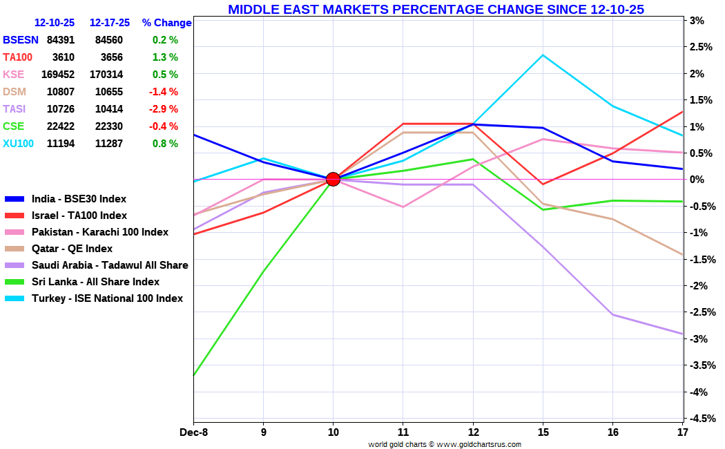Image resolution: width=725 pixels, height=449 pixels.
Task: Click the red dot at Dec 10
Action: pos(333,179)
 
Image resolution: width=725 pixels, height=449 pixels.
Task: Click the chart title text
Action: pos(436,9)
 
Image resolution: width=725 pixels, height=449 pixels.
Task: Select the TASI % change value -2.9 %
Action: pos(163,109)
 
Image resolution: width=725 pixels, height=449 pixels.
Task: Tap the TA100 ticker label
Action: pos(17,57)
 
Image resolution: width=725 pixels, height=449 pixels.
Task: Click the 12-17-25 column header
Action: pos(110,23)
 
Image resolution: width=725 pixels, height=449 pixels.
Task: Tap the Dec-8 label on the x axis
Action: pos(194,432)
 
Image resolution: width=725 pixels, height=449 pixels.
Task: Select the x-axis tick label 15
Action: pos(543,432)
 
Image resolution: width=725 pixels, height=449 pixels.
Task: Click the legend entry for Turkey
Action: pos(94,298)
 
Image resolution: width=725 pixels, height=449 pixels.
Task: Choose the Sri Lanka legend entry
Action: pos(82,282)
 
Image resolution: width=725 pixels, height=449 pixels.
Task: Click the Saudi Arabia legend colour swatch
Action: pos(14,266)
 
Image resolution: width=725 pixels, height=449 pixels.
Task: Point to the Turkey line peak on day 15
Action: pos(543,55)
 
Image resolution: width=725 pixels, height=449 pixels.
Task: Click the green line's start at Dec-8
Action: pos(194,375)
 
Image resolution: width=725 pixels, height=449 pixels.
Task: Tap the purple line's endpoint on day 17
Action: pos(682,334)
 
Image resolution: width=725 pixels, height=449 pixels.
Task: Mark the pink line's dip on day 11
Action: pos(403,207)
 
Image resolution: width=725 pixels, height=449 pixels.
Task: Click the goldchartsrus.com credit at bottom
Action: pos(445,444)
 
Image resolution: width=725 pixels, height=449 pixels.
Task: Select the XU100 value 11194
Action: pos(61,144)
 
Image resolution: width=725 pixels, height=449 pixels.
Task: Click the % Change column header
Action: pos(166,23)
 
